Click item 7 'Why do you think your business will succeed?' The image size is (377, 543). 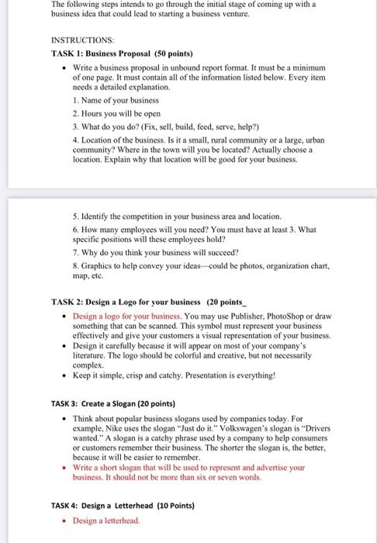[154, 253]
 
